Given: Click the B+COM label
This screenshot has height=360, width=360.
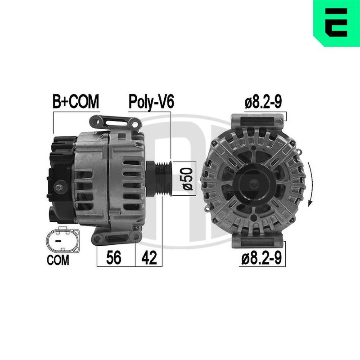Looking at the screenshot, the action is click(76, 102).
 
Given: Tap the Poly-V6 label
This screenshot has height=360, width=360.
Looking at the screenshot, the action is click(151, 102).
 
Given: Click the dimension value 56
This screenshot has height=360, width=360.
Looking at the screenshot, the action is click(113, 257).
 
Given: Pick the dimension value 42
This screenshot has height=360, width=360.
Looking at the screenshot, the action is click(149, 257).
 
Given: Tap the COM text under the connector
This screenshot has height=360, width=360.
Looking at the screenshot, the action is click(58, 260).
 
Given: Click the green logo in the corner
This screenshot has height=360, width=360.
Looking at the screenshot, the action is click(337, 23).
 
